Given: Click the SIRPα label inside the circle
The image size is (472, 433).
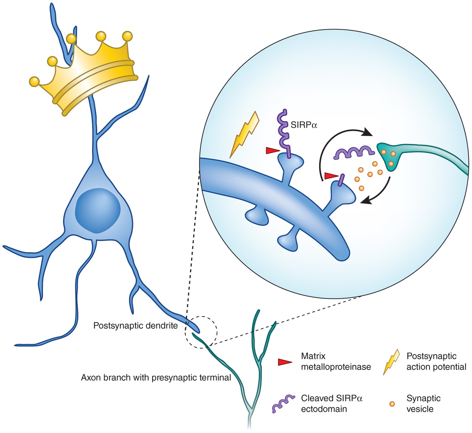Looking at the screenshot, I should point(304,125).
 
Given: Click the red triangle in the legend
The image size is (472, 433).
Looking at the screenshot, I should point(285,362).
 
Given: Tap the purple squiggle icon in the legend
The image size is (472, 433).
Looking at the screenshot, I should point(283,403).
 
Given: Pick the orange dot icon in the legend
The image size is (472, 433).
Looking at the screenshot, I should point(392,404).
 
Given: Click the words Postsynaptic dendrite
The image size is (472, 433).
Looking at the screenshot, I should point(135,326).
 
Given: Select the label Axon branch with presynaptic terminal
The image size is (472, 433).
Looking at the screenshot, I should point(156,377).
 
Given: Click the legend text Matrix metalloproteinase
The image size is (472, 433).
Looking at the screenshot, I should point(336,362).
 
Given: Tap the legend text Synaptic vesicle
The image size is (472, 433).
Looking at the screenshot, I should point(423,404).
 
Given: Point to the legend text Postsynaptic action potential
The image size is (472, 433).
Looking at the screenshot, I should point(436,362).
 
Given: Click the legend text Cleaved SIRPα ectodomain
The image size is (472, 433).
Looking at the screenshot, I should point(332,404).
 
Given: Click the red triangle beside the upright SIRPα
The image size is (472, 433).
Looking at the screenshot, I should point(272,150).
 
